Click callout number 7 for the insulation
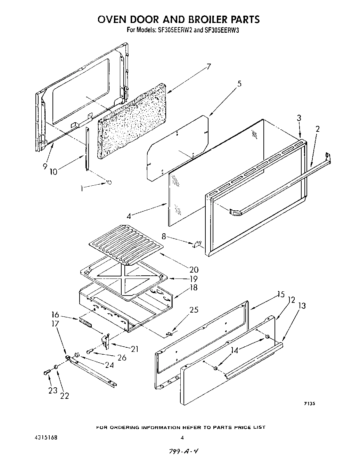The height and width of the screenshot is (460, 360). coord(208,66)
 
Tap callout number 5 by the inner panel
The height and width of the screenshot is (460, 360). coord(239,84)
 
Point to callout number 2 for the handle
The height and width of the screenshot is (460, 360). coord(318,129)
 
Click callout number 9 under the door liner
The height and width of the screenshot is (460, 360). coord(45,166)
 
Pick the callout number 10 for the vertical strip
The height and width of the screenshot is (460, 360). coord(54,171)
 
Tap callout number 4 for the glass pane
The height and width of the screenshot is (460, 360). coord(129,216)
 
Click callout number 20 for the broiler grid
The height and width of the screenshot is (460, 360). coord(194,269)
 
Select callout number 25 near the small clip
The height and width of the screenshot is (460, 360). coord(194,310)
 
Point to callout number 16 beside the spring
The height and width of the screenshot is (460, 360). coord(55,315)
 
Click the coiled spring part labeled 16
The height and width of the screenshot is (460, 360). coord(85,323)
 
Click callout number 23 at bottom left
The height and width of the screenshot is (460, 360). coord(52,390)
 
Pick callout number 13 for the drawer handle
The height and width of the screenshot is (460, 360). coord(302,306)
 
